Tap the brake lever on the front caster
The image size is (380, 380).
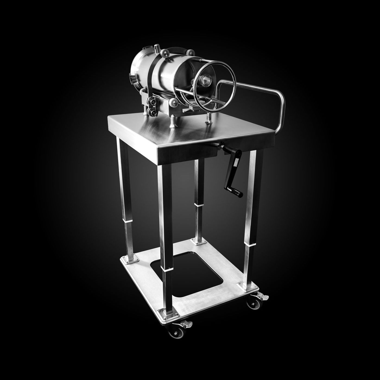[x=186, y=324]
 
